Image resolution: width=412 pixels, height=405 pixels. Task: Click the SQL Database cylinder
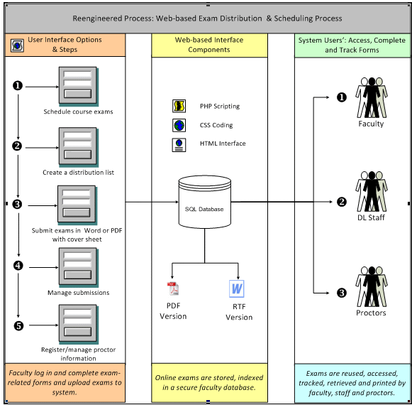tap(205, 202)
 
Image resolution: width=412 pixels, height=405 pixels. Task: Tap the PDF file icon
tap(172, 288)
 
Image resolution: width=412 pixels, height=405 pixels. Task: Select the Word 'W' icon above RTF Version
tap(236, 289)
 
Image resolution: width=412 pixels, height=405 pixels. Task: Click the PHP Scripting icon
tap(179, 106)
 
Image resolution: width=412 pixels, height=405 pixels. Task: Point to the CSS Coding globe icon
tap(179, 125)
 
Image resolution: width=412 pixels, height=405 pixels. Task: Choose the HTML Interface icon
tap(179, 145)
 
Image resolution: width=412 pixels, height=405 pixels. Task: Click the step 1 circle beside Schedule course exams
tap(18, 85)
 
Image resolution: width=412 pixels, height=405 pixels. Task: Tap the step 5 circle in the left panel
tap(18, 325)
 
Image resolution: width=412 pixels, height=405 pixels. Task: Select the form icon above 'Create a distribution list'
tap(79, 147)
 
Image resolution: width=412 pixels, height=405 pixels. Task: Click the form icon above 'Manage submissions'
tap(79, 267)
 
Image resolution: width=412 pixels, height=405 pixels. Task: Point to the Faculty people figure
tap(372, 97)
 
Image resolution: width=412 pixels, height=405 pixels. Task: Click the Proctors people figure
tap(372, 286)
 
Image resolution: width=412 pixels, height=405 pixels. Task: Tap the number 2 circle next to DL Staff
tap(342, 202)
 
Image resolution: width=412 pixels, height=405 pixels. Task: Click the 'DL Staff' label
tap(371, 217)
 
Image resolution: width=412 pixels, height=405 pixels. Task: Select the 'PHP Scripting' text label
tap(220, 106)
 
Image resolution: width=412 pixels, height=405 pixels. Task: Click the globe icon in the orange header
tap(17, 45)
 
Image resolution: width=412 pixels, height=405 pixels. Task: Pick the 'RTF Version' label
tap(239, 312)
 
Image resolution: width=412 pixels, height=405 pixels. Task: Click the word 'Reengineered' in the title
tap(94, 18)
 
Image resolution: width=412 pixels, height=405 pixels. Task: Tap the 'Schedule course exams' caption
tap(78, 112)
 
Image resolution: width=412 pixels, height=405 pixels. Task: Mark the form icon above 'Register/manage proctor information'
tap(79, 324)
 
